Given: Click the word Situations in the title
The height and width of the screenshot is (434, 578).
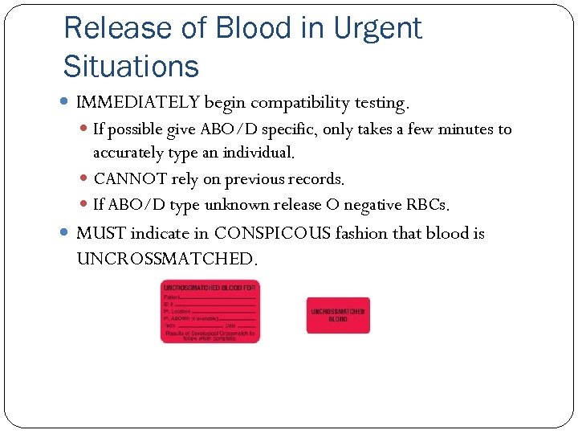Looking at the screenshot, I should pos(131,66).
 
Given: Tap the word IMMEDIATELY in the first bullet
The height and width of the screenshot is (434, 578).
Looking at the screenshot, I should pos(137,103).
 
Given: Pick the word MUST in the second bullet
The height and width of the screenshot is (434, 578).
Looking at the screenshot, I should pos(100,234).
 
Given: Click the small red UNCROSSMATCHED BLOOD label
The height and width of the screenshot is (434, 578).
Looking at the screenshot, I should pos(338,315).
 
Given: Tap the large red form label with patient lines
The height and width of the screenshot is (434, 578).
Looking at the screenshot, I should pos(210,312).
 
